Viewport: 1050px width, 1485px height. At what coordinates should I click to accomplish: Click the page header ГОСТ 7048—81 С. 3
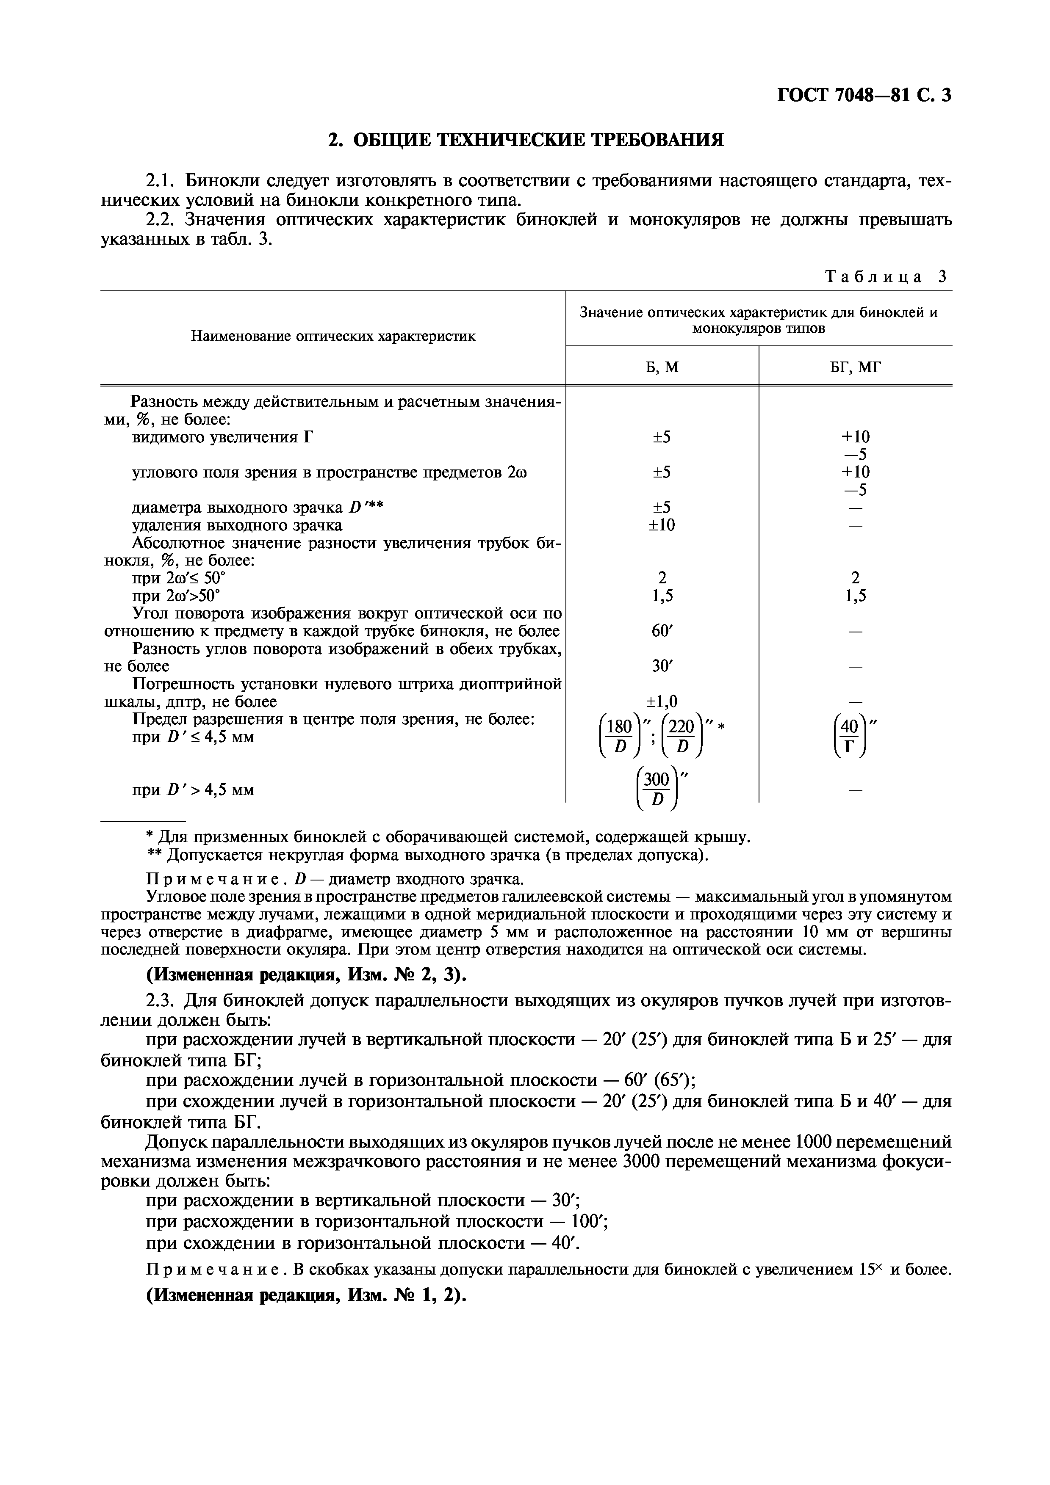(863, 96)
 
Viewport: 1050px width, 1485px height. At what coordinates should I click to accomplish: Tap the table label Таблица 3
(885, 277)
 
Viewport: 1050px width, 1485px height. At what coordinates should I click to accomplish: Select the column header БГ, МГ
(855, 367)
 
